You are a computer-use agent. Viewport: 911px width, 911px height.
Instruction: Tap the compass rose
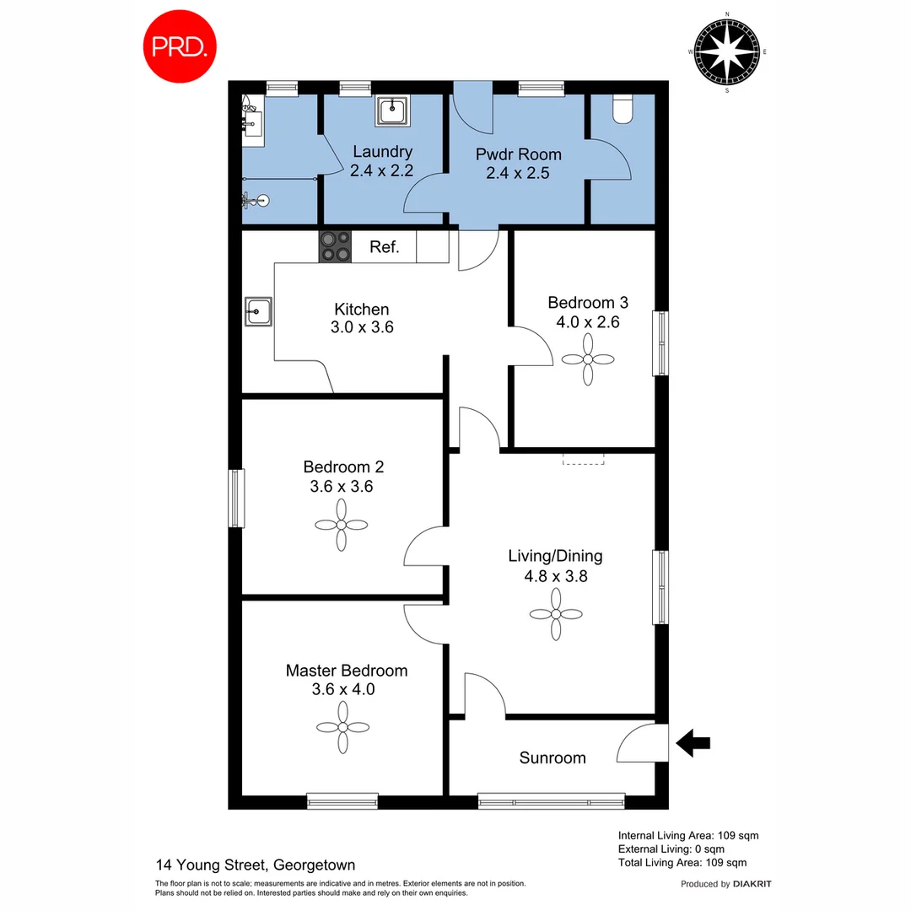(x=727, y=52)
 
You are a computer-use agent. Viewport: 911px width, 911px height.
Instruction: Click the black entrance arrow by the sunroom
(x=693, y=743)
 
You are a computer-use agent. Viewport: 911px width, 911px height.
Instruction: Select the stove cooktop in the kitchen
(x=335, y=247)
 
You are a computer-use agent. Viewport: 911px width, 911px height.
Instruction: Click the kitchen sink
(x=257, y=311)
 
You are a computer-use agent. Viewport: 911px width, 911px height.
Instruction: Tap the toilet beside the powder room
(x=623, y=110)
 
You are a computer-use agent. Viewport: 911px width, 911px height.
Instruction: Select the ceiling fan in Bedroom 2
(x=342, y=525)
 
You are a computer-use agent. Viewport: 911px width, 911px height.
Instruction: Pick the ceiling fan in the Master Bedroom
(x=343, y=727)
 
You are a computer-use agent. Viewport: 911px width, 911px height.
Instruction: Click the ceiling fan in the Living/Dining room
(x=557, y=613)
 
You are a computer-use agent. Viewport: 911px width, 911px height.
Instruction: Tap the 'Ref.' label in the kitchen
(x=384, y=248)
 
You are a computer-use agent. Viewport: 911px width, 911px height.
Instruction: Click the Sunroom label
(x=552, y=757)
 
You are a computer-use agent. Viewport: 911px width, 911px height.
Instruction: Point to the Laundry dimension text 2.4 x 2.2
(x=382, y=170)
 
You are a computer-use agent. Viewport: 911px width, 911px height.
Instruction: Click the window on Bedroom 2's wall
(x=237, y=499)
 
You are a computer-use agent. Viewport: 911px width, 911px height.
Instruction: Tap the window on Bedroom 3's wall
(x=660, y=343)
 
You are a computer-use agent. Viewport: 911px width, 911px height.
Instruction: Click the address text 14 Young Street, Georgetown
(x=256, y=865)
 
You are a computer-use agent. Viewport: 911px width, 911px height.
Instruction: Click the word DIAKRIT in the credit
(x=752, y=884)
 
